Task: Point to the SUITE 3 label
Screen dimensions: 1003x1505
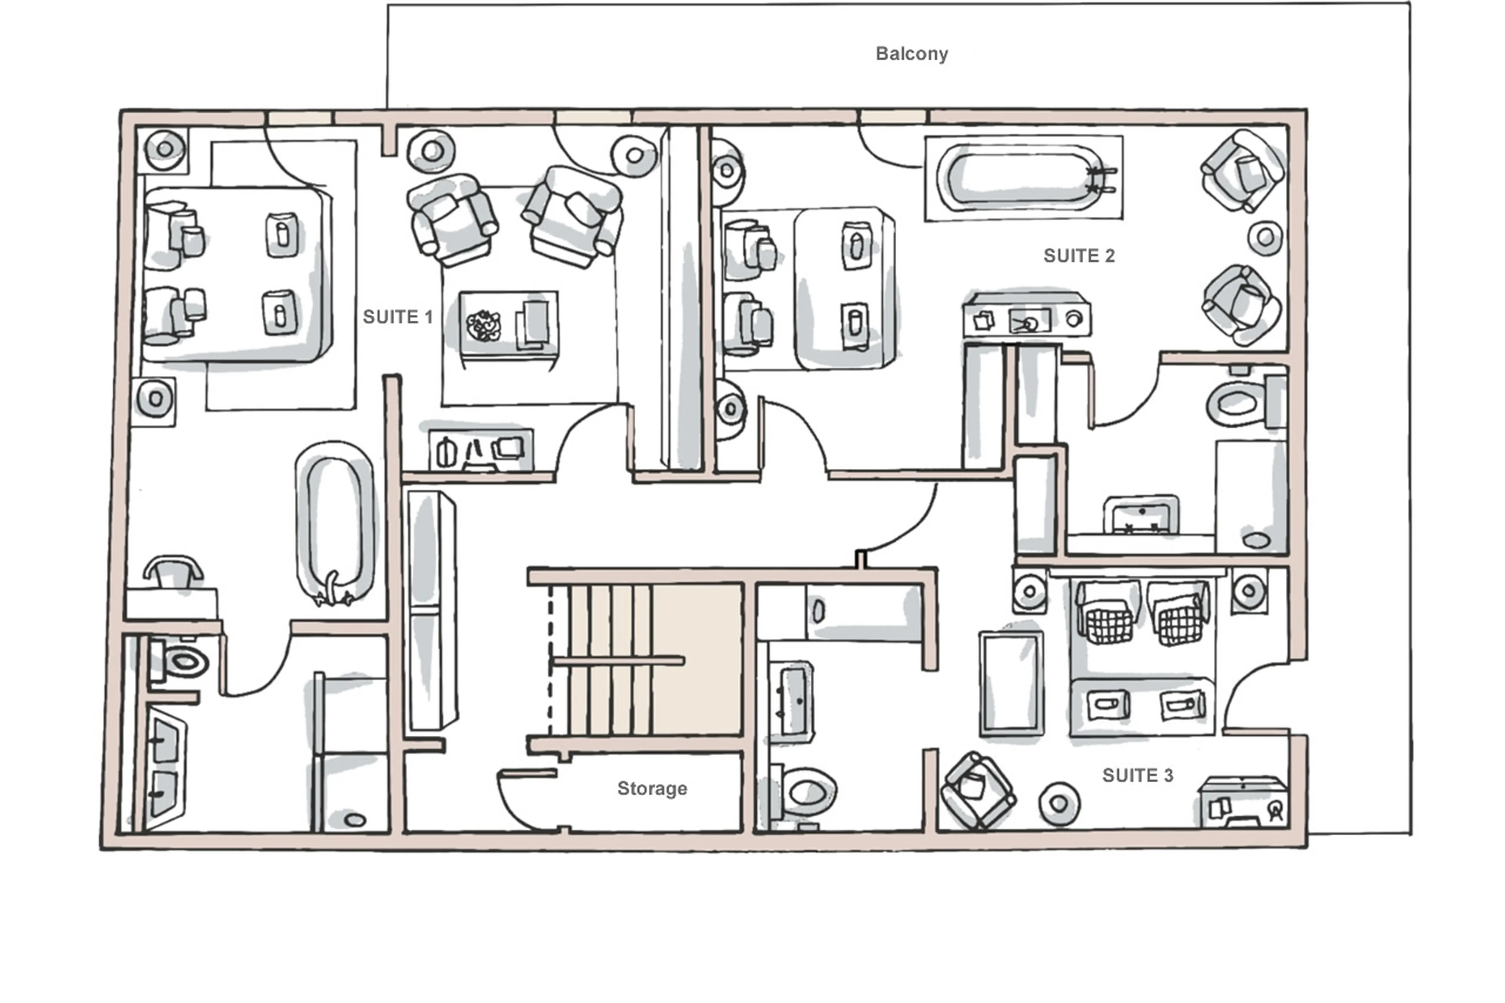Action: pos(1137,775)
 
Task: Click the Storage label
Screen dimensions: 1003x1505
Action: pos(652,788)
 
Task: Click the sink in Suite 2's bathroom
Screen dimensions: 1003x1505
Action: pos(1141,515)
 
